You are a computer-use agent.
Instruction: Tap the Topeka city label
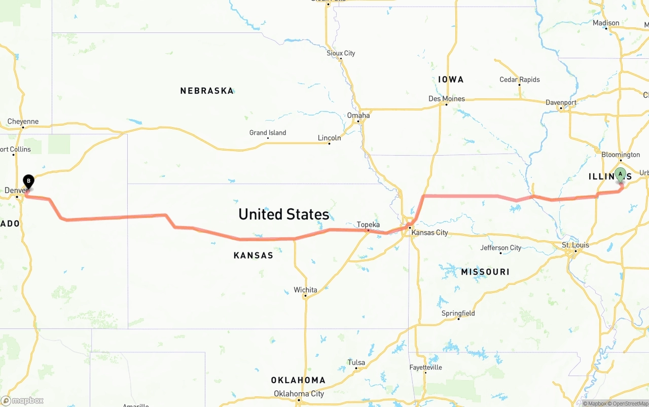368,225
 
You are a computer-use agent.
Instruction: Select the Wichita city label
305,290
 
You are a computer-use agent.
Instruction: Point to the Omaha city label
358,115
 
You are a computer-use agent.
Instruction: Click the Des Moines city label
447,98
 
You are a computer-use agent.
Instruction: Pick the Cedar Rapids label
520,80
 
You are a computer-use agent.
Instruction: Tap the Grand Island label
268,133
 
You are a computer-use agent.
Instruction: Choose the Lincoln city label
329,137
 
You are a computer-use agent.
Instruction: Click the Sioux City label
341,53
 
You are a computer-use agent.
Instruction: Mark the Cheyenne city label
23,122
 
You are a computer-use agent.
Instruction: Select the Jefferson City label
501,248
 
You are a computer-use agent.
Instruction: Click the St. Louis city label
575,245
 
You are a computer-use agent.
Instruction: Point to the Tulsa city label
356,362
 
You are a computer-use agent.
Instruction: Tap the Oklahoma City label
299,394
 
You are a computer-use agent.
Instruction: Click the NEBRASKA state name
207,91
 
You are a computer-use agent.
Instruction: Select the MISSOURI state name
485,272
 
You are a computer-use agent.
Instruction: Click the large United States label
284,214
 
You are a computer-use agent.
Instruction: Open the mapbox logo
22,400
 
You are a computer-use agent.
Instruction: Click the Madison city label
606,23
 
